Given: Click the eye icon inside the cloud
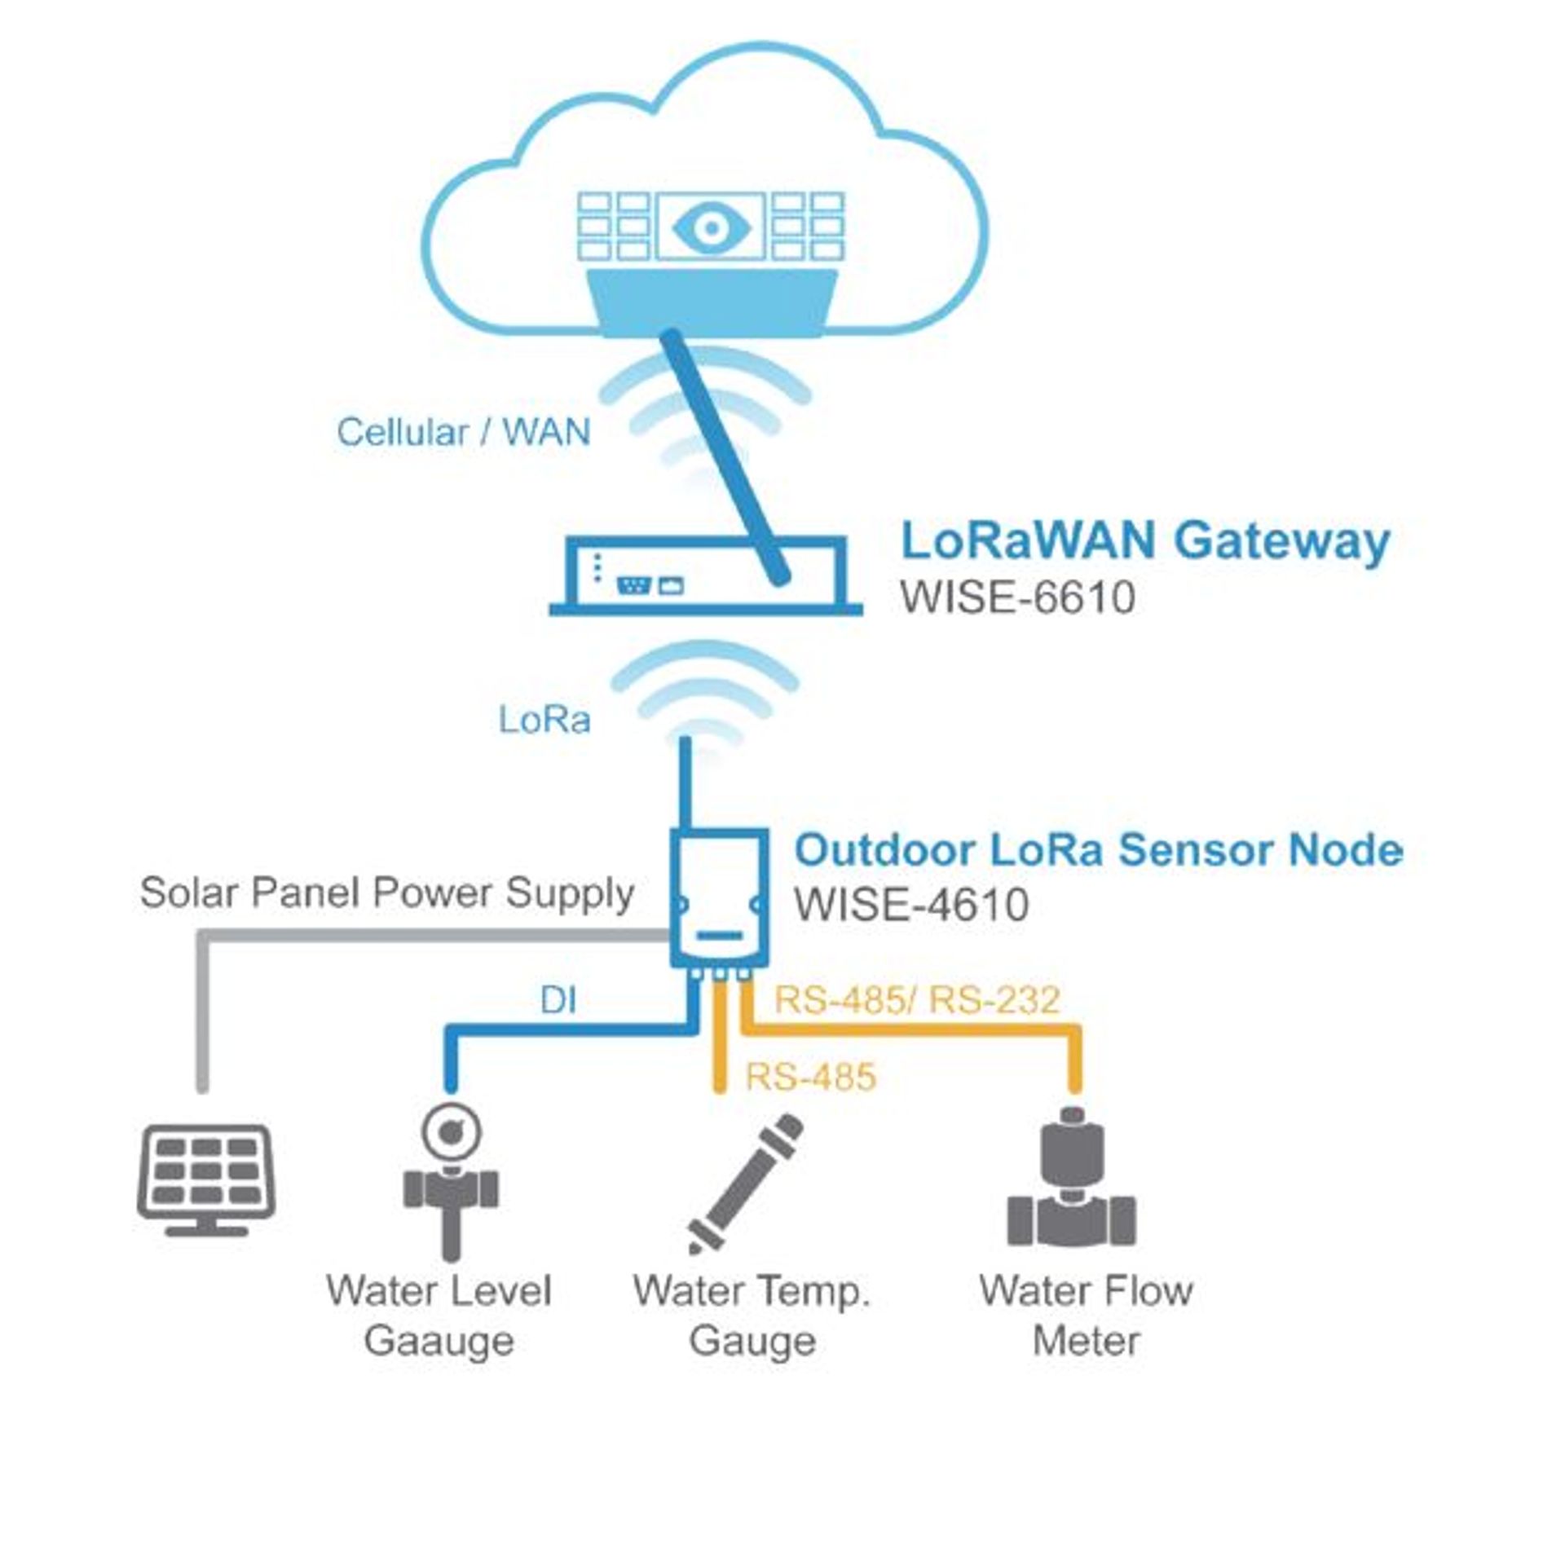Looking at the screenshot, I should pyautogui.click(x=711, y=228).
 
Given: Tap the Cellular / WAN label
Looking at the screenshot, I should pyautogui.click(x=463, y=432).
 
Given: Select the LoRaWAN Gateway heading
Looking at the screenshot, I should pyautogui.click(x=1144, y=540).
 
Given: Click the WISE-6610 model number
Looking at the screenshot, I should pyautogui.click(x=1016, y=597).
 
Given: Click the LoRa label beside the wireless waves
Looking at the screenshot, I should pyautogui.click(x=544, y=720).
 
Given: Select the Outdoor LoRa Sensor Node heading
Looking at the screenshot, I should pyautogui.click(x=1098, y=849).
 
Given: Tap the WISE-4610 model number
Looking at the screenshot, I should pyautogui.click(x=911, y=905).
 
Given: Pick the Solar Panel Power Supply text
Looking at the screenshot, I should pyautogui.click(x=386, y=892).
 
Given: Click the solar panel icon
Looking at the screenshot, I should pyautogui.click(x=205, y=1179).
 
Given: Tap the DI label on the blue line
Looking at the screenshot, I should pyautogui.click(x=558, y=1000).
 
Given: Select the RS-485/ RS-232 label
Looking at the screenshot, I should pyautogui.click(x=916, y=1000).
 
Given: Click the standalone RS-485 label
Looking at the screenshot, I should pyautogui.click(x=810, y=1077).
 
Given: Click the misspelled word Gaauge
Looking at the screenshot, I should pyautogui.click(x=439, y=1341).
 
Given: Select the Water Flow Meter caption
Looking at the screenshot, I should pyautogui.click(x=1085, y=1315).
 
